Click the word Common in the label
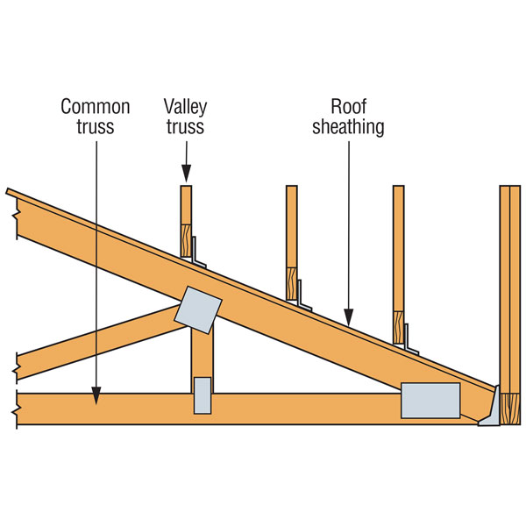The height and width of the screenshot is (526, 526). click(96, 107)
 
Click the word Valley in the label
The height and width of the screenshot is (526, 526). click(185, 107)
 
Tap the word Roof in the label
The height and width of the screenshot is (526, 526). click(349, 107)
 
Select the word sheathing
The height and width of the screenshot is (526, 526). click(348, 127)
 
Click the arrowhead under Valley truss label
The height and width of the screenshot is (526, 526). click(187, 174)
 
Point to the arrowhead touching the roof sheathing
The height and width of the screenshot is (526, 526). click(349, 317)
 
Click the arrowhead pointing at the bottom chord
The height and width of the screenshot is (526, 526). click(96, 396)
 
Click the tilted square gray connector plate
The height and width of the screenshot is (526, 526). click(198, 310)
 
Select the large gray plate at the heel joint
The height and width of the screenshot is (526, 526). click(430, 401)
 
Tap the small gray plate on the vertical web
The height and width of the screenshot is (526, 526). click(203, 395)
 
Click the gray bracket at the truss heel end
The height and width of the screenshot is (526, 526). click(490, 408)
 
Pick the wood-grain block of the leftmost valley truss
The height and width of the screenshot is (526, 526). click(186, 241)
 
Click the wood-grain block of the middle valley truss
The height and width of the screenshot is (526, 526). click(292, 284)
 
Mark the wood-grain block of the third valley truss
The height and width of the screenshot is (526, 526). click(399, 327)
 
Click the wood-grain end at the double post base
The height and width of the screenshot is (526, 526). click(510, 409)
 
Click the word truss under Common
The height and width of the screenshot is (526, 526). click(96, 127)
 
